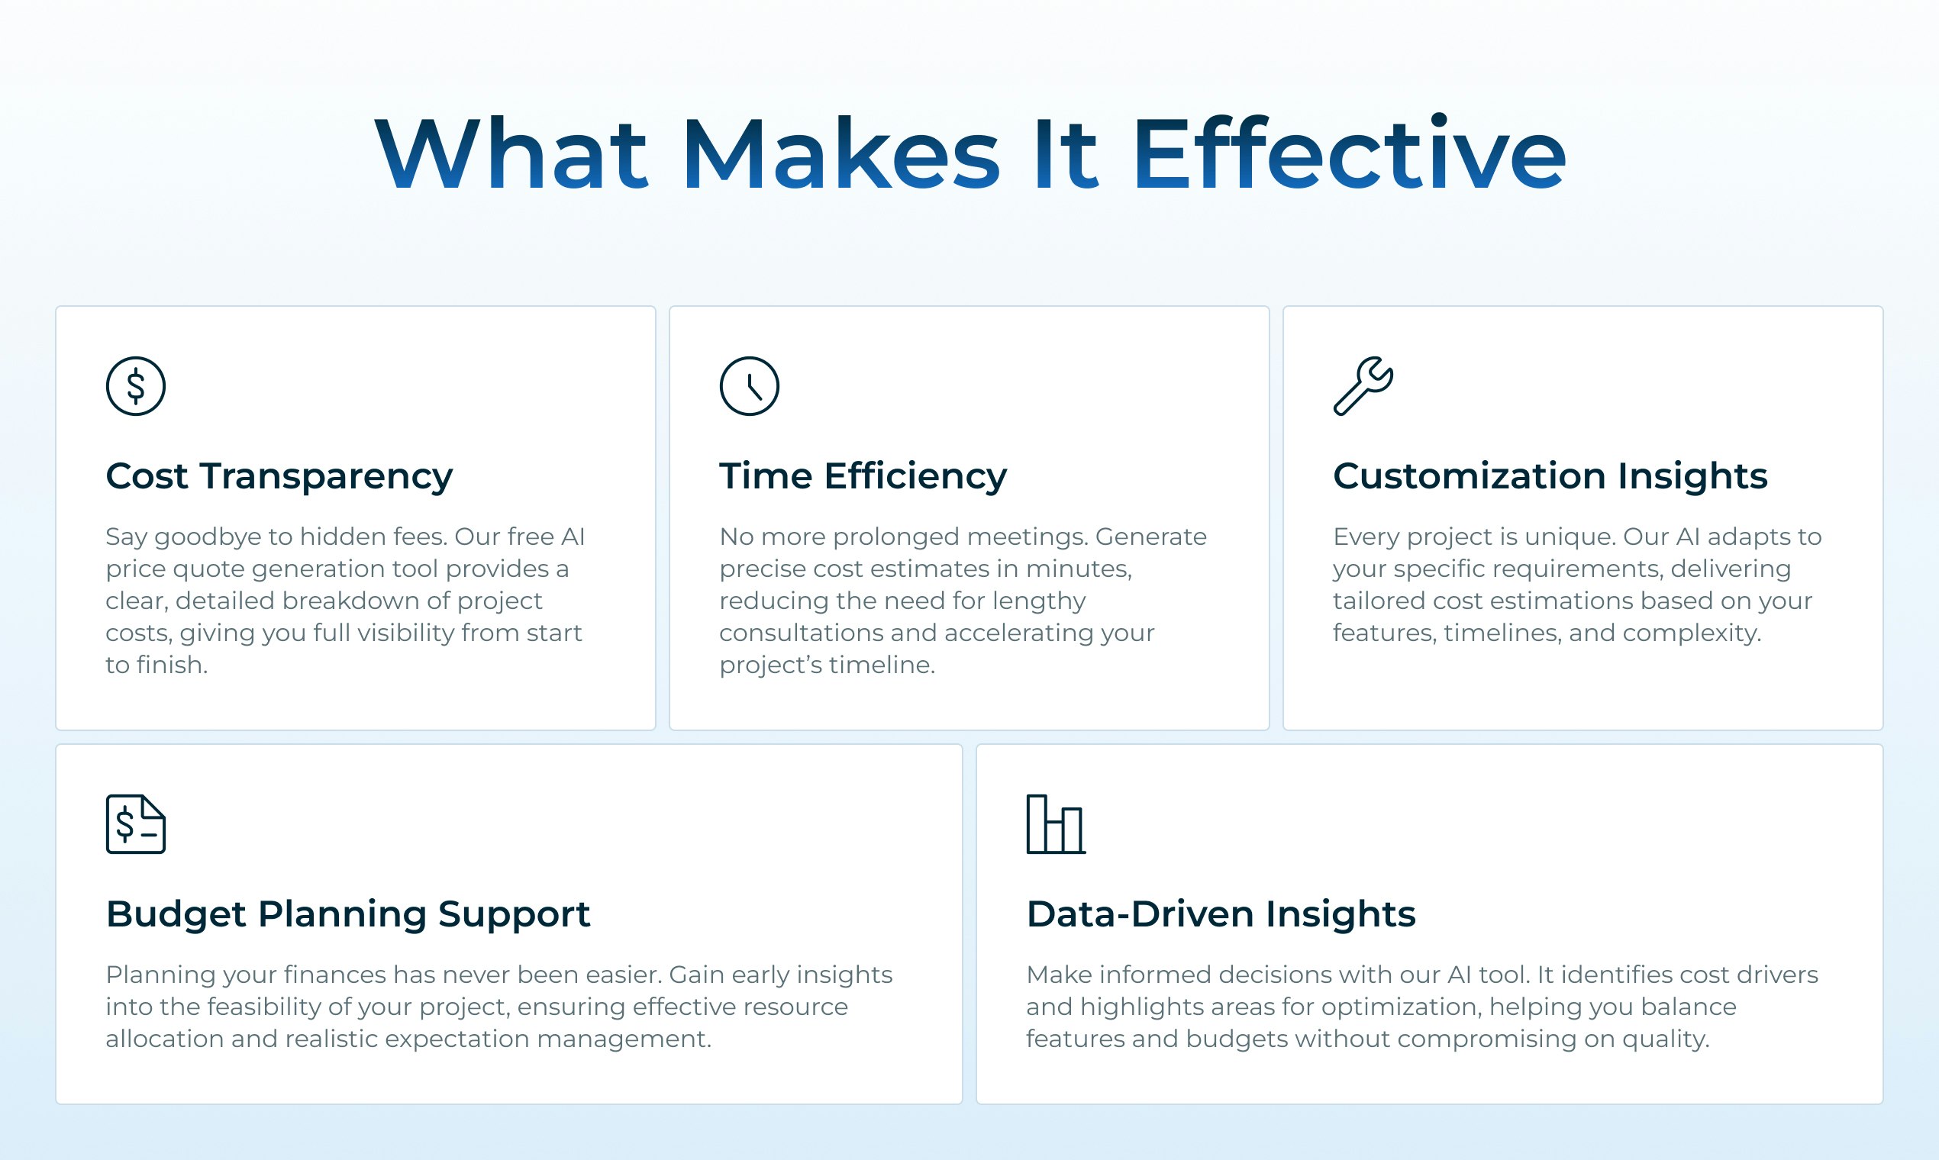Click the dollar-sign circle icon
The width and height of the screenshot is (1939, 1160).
tap(135, 386)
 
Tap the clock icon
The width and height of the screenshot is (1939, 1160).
tap(749, 386)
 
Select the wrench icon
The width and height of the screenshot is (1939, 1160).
tap(1363, 385)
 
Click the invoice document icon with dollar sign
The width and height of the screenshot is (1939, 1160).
tap(135, 824)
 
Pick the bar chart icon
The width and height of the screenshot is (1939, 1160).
tap(1056, 824)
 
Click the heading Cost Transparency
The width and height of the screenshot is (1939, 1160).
tap(279, 476)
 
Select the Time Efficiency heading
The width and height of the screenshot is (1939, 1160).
tap(863, 476)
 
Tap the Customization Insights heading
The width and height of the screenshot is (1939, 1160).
tap(1550, 476)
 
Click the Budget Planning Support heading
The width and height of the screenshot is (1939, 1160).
tap(348, 913)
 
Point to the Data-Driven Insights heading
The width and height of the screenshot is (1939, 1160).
tap(1221, 913)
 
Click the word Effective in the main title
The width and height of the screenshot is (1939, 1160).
tap(1349, 153)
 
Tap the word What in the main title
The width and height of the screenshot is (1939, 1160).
tap(511, 153)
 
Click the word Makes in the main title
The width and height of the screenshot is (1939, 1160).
tap(840, 153)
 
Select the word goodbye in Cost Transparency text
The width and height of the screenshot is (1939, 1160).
tap(208, 538)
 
